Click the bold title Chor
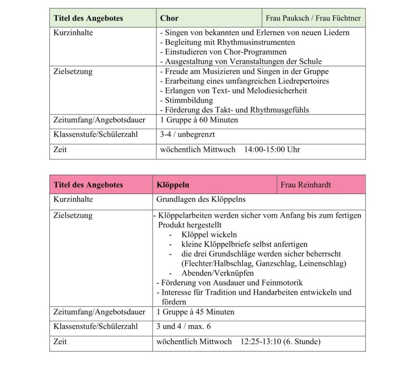[x=169, y=18]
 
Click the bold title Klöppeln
[x=173, y=185]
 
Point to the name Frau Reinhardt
[x=306, y=185]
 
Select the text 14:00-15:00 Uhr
[x=272, y=149]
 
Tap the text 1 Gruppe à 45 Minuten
[x=195, y=312]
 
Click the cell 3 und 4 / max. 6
[x=184, y=326]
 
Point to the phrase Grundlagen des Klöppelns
[x=201, y=199]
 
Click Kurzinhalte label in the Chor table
[x=73, y=33]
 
